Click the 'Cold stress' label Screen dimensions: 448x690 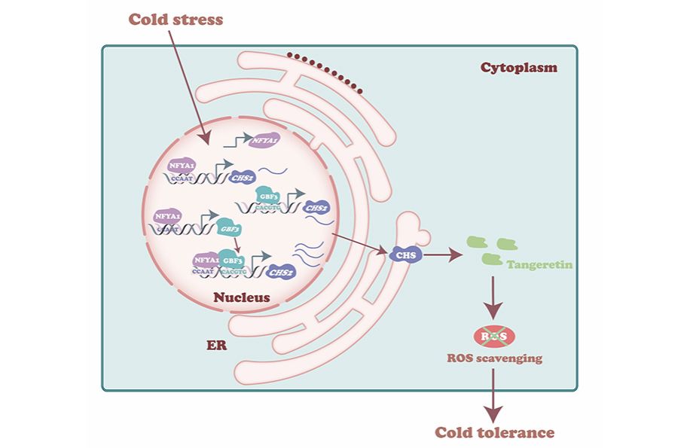click(x=176, y=19)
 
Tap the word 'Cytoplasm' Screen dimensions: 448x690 click(x=518, y=68)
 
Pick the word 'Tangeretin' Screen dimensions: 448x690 click(x=540, y=266)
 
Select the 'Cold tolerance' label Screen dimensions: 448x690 click(x=494, y=432)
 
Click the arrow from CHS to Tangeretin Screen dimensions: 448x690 click(x=444, y=256)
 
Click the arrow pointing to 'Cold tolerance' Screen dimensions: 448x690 click(x=493, y=395)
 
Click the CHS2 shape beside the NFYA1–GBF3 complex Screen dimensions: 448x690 click(x=280, y=272)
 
